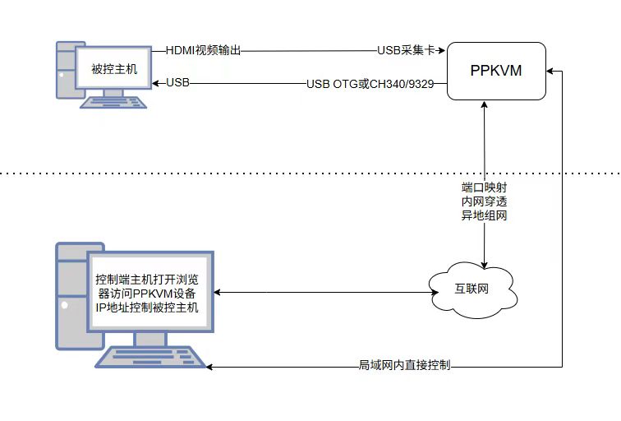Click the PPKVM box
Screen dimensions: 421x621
point(496,72)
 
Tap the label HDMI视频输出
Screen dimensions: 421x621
point(204,50)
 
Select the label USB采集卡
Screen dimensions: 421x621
point(405,50)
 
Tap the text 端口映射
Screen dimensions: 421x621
point(484,187)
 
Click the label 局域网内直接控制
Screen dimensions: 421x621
point(405,364)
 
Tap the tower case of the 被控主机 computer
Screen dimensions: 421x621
point(65,70)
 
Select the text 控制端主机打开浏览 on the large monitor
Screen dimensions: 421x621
point(152,278)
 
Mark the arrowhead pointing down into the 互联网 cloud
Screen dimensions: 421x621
point(485,265)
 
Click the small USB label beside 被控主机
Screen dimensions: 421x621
point(177,82)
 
